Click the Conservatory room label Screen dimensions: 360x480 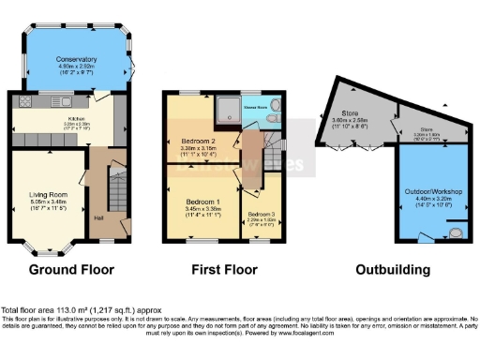(78, 58)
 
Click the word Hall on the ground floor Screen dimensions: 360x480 (98, 219)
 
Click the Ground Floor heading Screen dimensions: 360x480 (71, 270)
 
